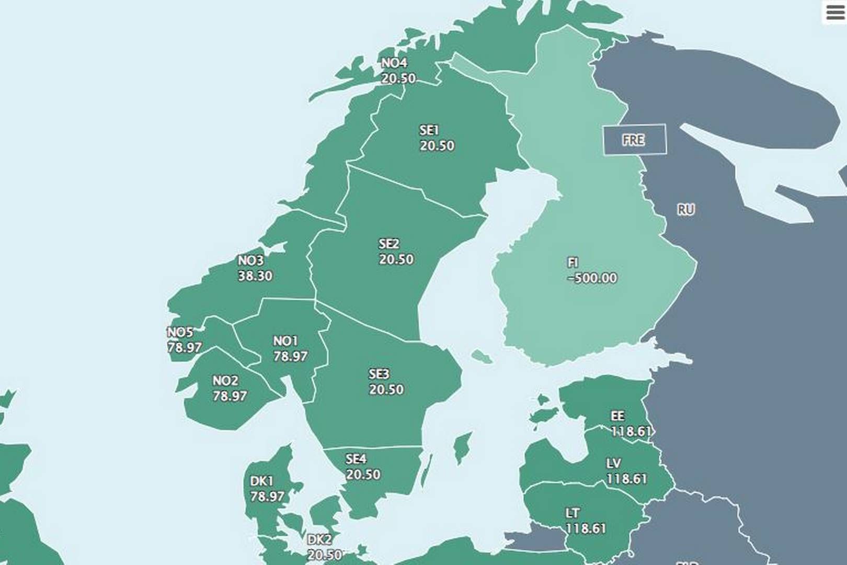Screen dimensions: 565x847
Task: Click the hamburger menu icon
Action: tap(835, 12)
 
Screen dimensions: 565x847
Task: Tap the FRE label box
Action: tap(634, 140)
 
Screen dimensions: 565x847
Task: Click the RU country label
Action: tap(685, 210)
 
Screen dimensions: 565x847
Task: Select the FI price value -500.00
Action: tap(592, 278)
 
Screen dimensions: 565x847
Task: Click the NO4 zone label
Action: tap(394, 63)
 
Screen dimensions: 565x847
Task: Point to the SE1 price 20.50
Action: tap(437, 145)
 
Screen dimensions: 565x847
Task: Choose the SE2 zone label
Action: tap(388, 244)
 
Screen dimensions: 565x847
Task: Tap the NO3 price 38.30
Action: tap(255, 276)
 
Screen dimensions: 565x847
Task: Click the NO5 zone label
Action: tap(180, 332)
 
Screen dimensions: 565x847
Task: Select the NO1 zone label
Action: tap(285, 341)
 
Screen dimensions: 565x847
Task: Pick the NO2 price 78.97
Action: tap(230, 396)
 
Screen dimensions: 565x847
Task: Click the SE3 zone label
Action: tap(379, 374)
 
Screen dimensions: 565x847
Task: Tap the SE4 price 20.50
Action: tap(363, 474)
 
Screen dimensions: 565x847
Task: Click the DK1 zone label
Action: tap(261, 481)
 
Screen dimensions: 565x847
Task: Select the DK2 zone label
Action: tap(319, 539)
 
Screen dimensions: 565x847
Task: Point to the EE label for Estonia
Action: tap(617, 416)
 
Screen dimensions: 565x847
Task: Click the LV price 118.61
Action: tap(626, 479)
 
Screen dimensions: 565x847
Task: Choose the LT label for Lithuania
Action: tap(573, 513)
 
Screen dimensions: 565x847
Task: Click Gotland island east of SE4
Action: tap(462, 447)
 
